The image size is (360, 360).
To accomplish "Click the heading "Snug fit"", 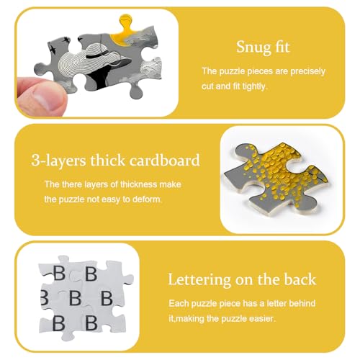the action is [x=263, y=48].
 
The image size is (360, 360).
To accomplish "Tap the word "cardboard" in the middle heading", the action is [x=165, y=161].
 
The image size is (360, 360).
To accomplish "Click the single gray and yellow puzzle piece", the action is [x=276, y=178].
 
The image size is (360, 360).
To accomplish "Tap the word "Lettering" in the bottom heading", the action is [x=199, y=280].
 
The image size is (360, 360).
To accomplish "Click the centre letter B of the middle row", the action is [x=76, y=298].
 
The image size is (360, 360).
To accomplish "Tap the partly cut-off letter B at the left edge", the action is [x=45, y=298].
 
